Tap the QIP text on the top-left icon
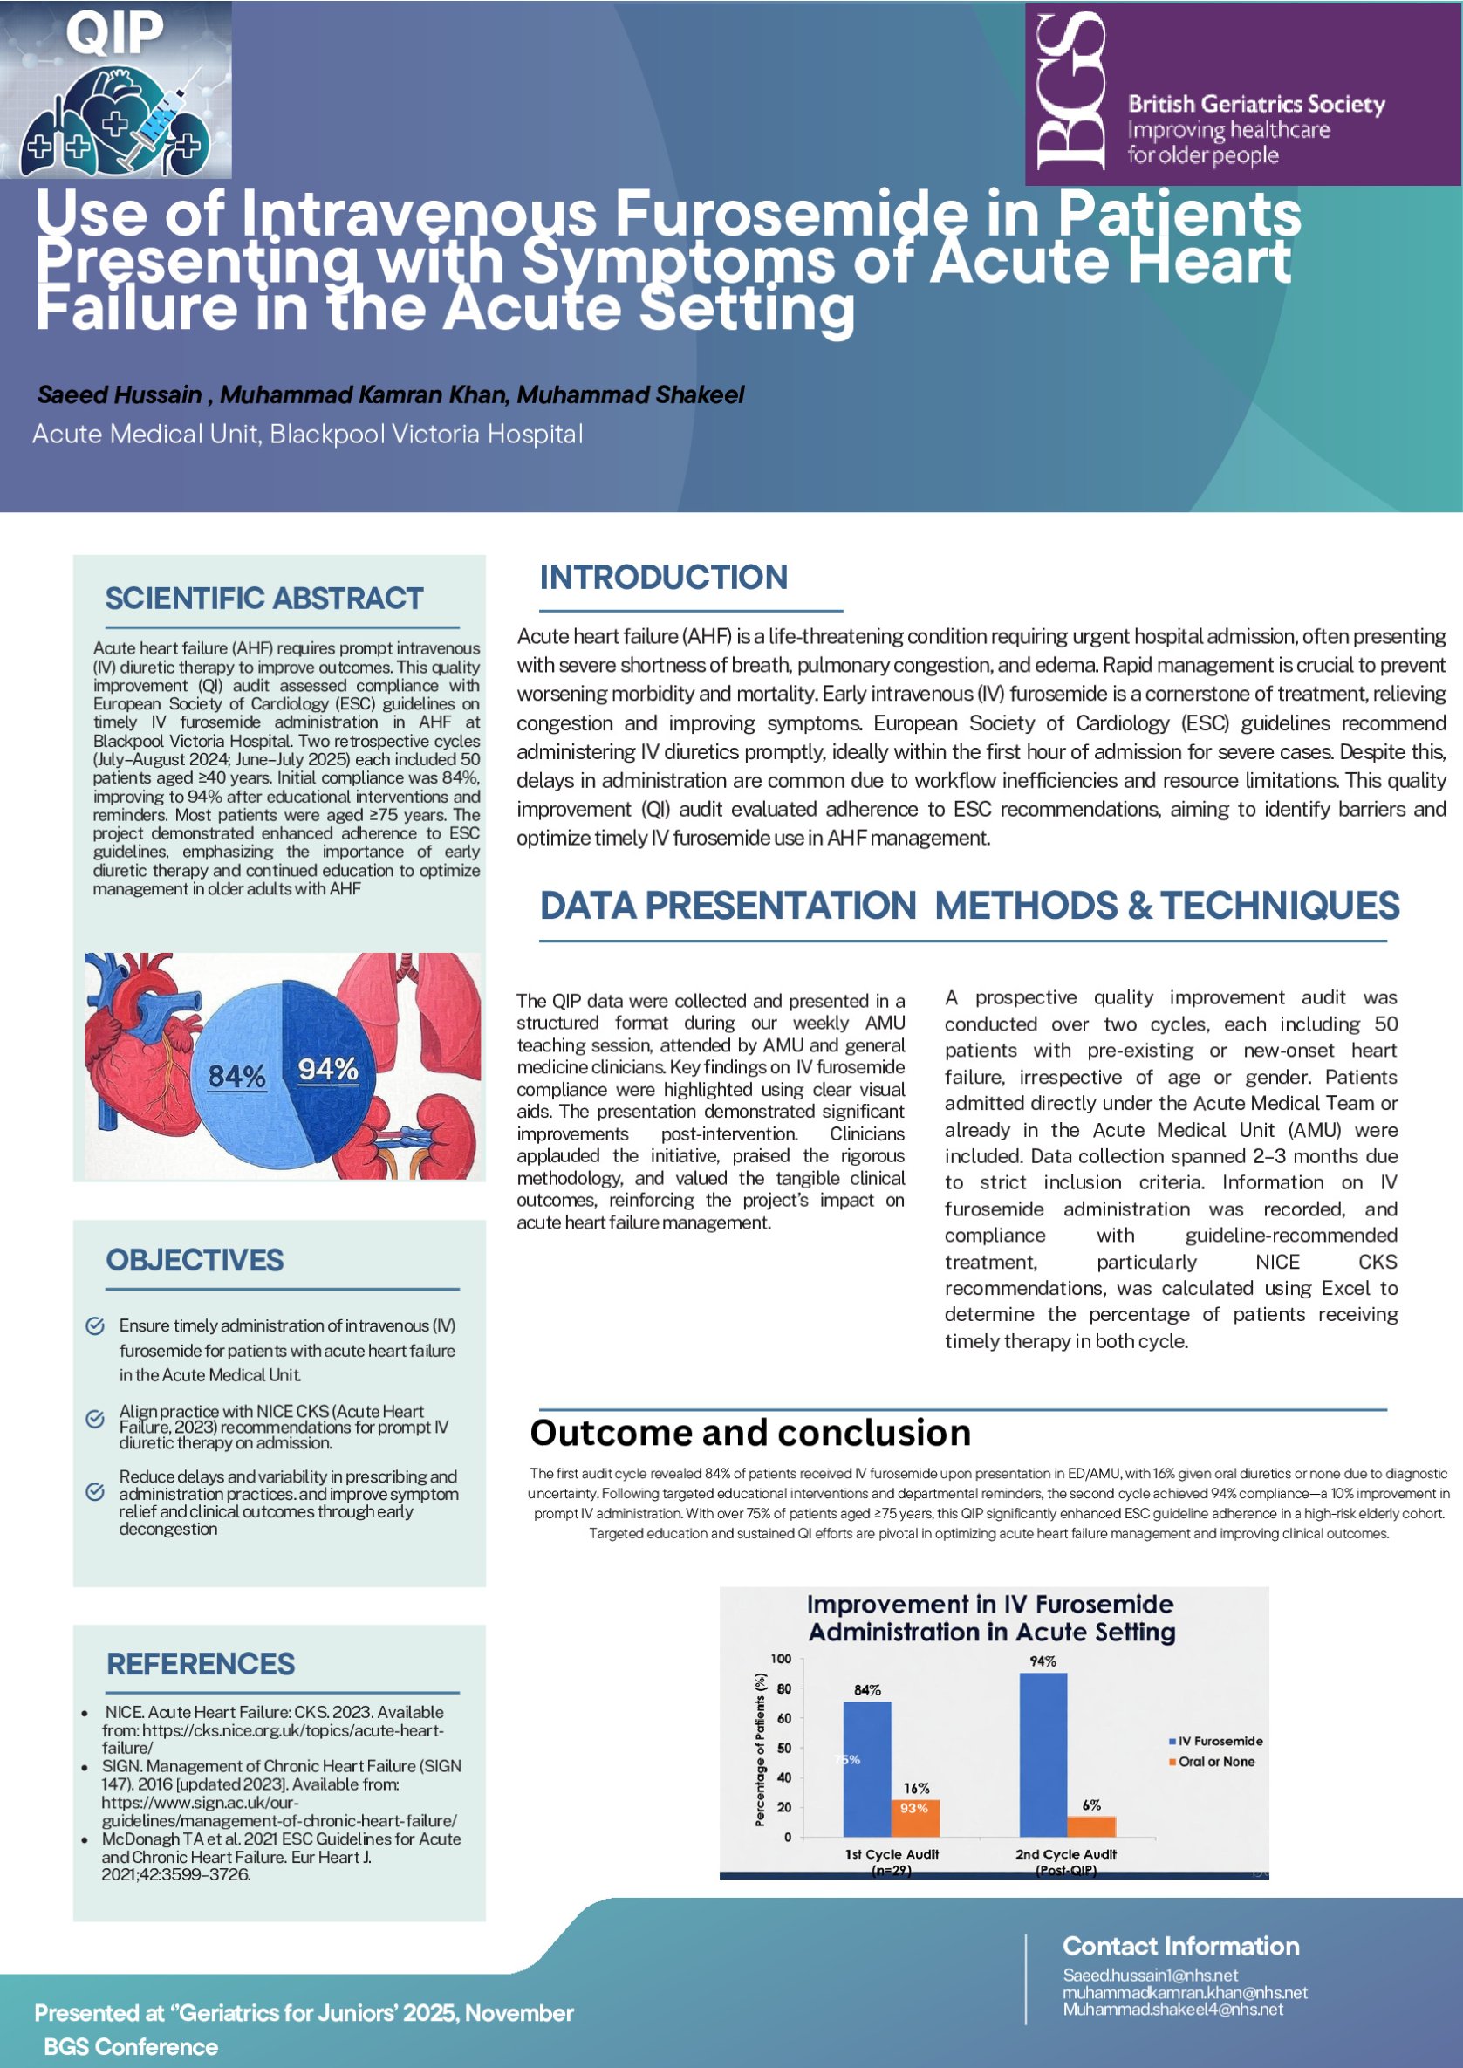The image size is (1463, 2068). click(x=114, y=32)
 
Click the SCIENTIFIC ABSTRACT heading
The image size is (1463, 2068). click(x=264, y=599)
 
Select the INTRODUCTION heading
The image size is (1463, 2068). click(x=663, y=578)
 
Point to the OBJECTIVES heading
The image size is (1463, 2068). click(x=195, y=1260)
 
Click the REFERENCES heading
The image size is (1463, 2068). click(x=201, y=1663)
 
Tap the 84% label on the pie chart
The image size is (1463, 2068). click(x=237, y=1076)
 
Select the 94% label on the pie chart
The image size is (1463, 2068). click(x=328, y=1069)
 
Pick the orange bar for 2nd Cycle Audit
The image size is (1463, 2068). click(x=1091, y=1825)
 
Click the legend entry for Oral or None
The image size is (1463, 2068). click(x=1215, y=1762)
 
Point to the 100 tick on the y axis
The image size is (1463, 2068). click(x=780, y=1659)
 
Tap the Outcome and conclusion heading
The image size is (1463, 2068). click(x=750, y=1433)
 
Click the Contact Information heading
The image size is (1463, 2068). click(x=1180, y=1946)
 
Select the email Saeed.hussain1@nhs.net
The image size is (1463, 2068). click(x=1150, y=1975)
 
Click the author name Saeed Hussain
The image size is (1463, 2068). click(x=120, y=394)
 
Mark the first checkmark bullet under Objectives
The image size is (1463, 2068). click(x=94, y=1325)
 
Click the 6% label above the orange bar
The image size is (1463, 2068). click(x=1091, y=1804)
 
